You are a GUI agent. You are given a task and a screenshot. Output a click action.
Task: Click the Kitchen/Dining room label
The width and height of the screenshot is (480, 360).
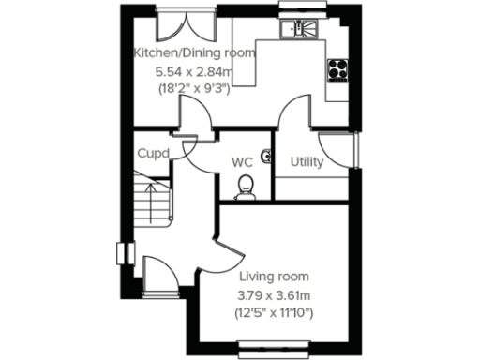tap(194, 52)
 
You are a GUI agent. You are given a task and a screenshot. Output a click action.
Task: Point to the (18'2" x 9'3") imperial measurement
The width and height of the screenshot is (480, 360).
tap(194, 90)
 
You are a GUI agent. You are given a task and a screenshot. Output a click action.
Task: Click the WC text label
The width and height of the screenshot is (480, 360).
tap(244, 162)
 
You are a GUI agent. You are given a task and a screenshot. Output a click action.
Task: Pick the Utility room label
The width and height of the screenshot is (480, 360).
tap(307, 162)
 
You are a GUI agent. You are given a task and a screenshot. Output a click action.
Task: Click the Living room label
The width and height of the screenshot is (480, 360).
tap(274, 277)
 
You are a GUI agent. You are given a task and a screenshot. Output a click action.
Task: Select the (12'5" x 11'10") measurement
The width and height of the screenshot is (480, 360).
tap(274, 314)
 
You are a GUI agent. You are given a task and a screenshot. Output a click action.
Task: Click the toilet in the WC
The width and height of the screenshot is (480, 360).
tap(246, 187)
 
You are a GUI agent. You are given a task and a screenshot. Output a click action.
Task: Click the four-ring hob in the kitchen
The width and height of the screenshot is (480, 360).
tap(337, 68)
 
